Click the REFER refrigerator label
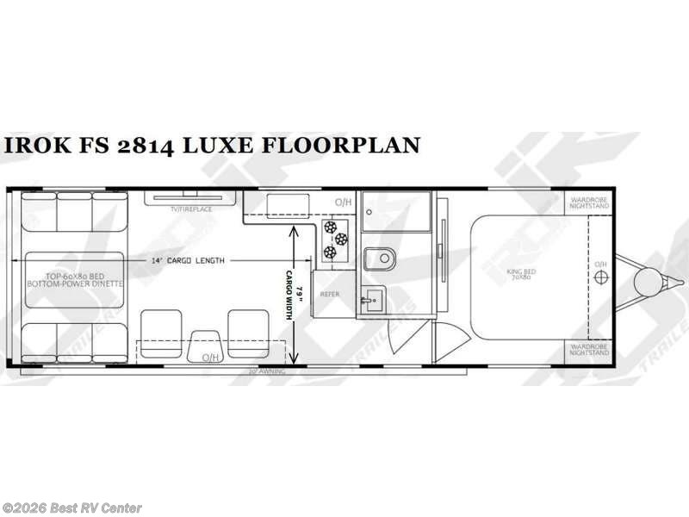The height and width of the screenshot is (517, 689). (x=331, y=294)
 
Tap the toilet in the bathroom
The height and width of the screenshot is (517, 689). (x=379, y=257)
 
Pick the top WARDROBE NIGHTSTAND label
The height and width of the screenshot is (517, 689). (x=587, y=203)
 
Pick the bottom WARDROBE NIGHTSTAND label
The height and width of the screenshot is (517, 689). (x=587, y=350)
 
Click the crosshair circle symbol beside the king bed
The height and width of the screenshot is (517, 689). (x=601, y=276)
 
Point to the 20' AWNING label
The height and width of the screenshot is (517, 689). (x=264, y=372)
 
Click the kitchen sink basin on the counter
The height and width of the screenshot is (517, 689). (x=281, y=204)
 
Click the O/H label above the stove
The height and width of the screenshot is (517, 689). (x=342, y=203)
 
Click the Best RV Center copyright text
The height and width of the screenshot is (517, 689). (x=72, y=508)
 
